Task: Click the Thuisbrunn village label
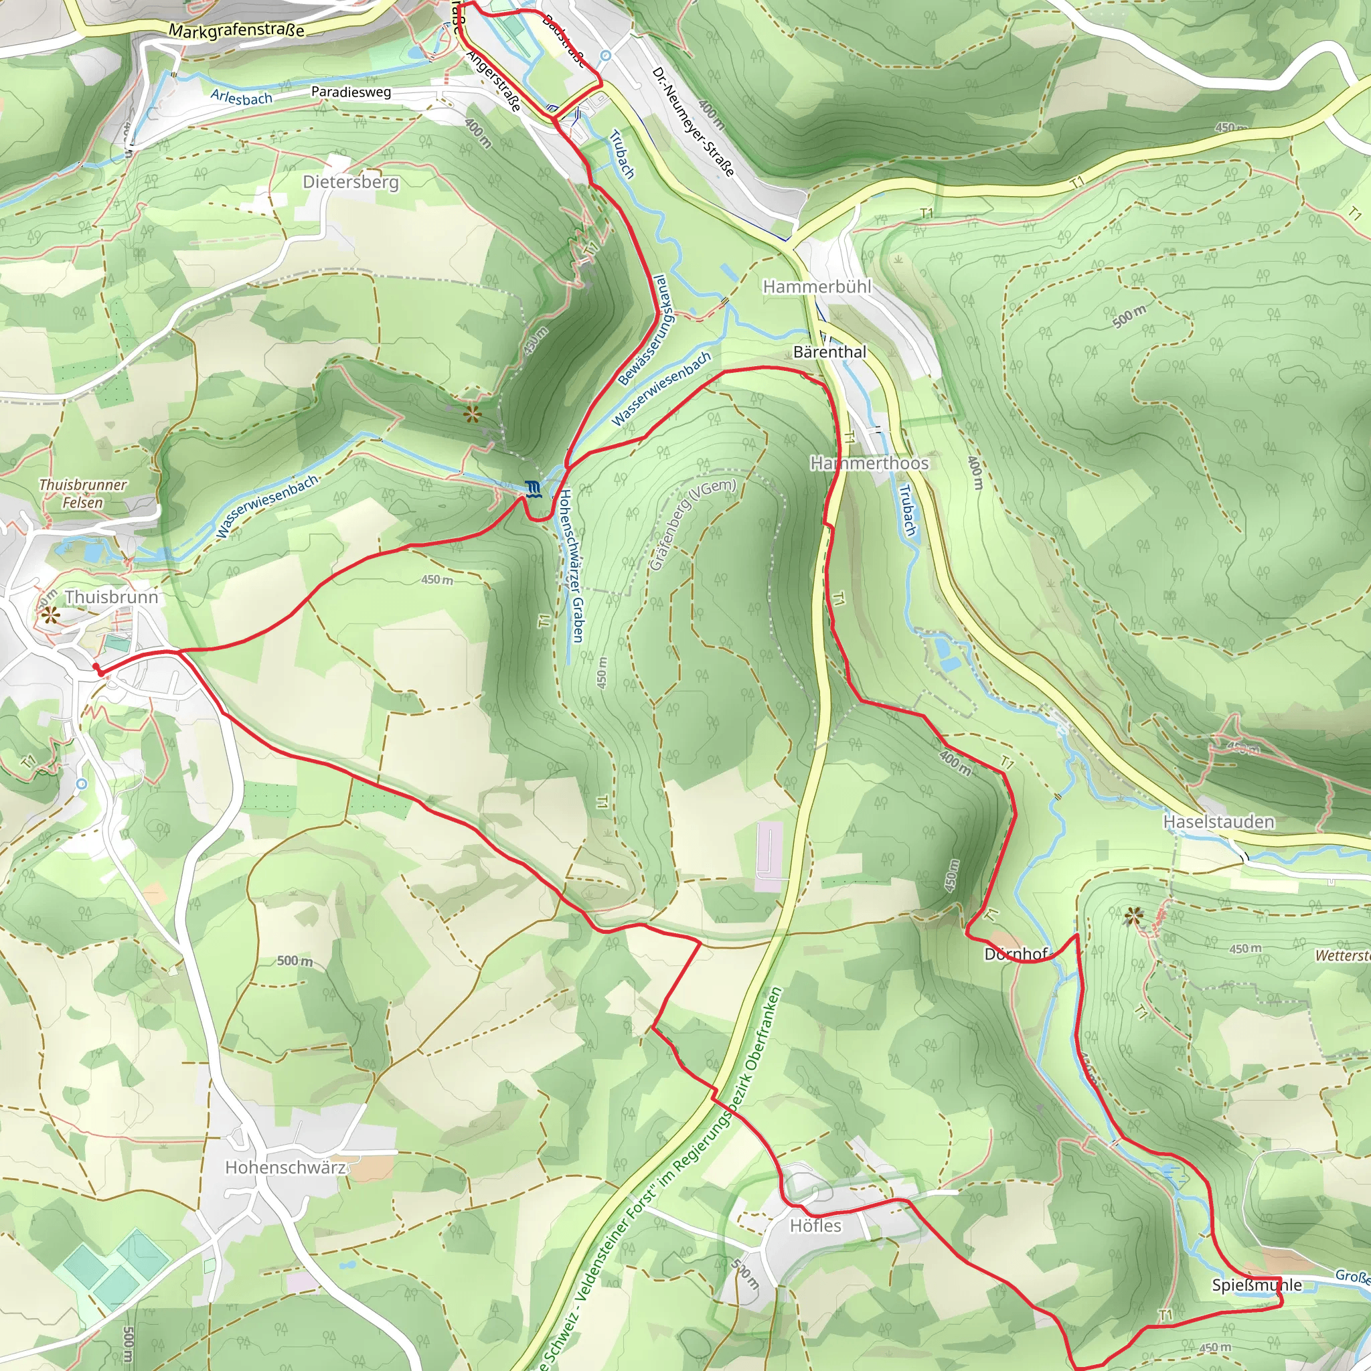pyautogui.click(x=111, y=596)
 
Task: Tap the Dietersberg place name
pyautogui.click(x=351, y=182)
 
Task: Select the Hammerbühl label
pyautogui.click(x=817, y=287)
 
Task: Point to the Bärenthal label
pyautogui.click(x=829, y=352)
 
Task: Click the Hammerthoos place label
pyautogui.click(x=870, y=463)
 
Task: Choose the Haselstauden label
pyautogui.click(x=1218, y=822)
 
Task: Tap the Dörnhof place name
pyautogui.click(x=1016, y=955)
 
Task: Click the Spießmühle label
pyautogui.click(x=1257, y=1285)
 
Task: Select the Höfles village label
pyautogui.click(x=815, y=1226)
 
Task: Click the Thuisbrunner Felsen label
pyautogui.click(x=83, y=493)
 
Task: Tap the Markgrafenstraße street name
pyautogui.click(x=237, y=31)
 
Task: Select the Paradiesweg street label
pyautogui.click(x=351, y=92)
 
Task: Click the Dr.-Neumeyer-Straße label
pyautogui.click(x=693, y=122)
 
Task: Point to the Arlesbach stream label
pyautogui.click(x=241, y=97)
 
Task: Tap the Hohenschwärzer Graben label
pyautogui.click(x=571, y=566)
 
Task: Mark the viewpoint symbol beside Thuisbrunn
pyautogui.click(x=50, y=615)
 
